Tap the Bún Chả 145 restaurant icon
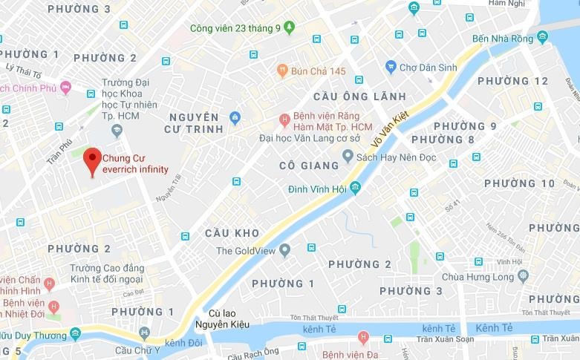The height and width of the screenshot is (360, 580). (x=282, y=71)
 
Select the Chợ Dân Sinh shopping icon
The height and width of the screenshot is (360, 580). (x=391, y=68)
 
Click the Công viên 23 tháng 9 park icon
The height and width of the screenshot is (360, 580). (x=289, y=27)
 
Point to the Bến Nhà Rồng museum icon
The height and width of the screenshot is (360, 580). (x=542, y=37)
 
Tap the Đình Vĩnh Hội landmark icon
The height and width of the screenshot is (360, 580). (x=356, y=189)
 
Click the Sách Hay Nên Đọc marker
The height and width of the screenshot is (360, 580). (x=348, y=156)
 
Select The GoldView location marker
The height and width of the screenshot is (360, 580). (x=284, y=251)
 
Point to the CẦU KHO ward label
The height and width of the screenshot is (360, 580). (x=232, y=233)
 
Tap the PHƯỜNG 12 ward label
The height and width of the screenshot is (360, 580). (x=513, y=81)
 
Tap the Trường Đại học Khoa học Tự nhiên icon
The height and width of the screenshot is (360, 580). (x=116, y=131)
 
